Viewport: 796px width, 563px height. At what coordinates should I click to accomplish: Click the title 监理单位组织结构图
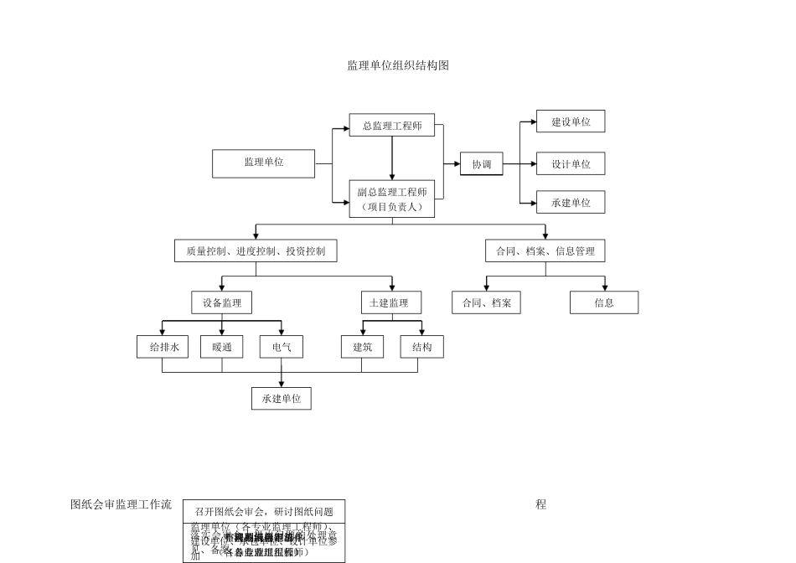click(398, 65)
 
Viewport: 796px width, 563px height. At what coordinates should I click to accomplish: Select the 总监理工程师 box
click(392, 126)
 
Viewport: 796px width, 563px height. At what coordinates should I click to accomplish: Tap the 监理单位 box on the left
click(264, 163)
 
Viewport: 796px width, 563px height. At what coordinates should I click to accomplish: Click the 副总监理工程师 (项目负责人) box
click(392, 199)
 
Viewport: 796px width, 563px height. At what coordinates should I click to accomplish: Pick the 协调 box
click(481, 163)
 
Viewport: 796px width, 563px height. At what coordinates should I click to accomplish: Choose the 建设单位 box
click(571, 121)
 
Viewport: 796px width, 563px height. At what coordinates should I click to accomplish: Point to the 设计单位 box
click(571, 163)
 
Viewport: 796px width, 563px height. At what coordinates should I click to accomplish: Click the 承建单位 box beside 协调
click(571, 202)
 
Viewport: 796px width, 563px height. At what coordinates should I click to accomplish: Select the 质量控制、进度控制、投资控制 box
click(256, 251)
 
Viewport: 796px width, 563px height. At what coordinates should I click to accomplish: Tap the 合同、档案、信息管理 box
click(545, 251)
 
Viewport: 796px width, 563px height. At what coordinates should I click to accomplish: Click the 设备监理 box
click(221, 302)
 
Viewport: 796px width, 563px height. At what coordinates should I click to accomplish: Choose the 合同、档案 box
click(486, 302)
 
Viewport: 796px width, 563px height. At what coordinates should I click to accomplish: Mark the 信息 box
click(604, 302)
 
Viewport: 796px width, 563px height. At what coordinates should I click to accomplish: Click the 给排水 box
click(163, 347)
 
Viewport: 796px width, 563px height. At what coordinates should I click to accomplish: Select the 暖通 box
click(222, 347)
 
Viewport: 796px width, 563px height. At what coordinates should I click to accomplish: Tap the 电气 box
click(282, 347)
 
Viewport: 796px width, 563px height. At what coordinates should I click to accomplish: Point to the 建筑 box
click(362, 347)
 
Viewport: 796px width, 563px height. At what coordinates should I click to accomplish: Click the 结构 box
click(421, 347)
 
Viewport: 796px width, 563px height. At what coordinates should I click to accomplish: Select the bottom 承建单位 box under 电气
click(282, 399)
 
